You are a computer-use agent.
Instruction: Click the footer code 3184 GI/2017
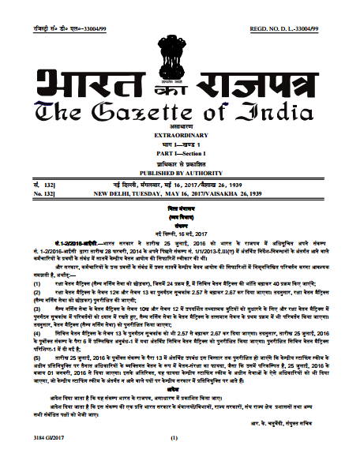tap(32, 436)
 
